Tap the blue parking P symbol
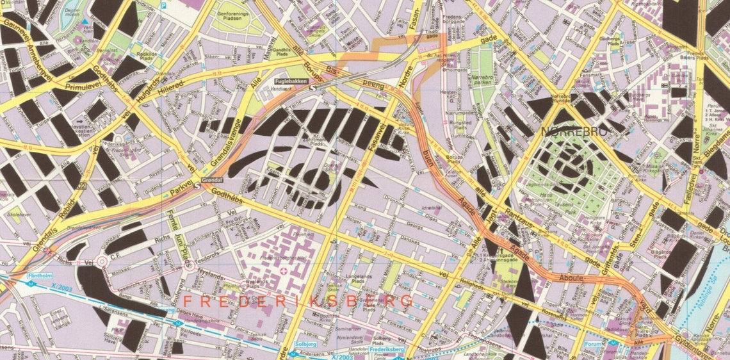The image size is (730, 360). coord(163,6)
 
